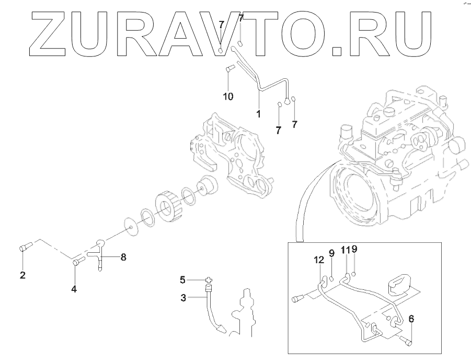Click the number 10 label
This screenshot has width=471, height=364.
coord(228,97)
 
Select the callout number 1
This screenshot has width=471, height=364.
coord(258,112)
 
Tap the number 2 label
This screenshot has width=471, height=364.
coord(22,275)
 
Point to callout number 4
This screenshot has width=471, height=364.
coord(74,289)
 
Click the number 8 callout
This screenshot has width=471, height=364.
coord(123,256)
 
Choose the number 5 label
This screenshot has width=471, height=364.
coord(183,280)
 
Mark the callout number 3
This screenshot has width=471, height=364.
coord(183,298)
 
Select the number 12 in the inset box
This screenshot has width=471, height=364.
coord(319,259)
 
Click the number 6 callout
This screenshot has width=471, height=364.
coord(411,318)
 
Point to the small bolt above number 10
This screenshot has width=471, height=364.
coord(228,68)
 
